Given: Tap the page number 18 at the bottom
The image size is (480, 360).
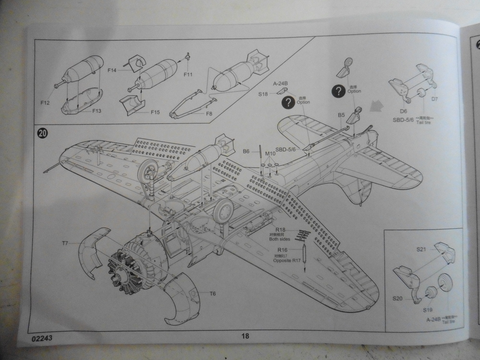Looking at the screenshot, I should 245,336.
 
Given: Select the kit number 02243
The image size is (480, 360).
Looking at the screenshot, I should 43,338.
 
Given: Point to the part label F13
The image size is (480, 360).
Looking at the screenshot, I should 96,111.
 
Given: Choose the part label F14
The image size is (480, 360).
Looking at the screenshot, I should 112,71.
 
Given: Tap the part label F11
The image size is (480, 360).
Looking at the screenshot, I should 188,74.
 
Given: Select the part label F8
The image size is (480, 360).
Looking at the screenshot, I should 209,114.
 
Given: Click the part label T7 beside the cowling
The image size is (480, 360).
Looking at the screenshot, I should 66,244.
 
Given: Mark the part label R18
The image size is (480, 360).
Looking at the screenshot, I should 281,230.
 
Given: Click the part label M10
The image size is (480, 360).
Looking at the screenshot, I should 270,154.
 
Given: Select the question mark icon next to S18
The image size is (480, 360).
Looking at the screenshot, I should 288,102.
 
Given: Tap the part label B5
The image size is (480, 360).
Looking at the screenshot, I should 341,115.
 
